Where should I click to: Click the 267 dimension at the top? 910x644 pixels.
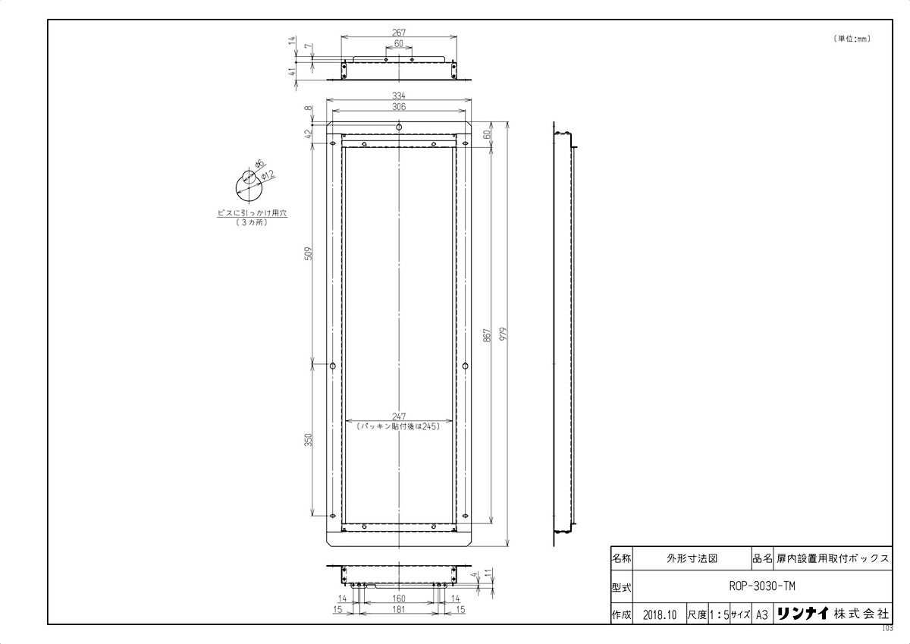(x=399, y=32)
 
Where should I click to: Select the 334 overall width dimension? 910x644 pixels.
(x=399, y=96)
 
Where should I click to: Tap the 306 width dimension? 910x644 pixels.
(x=399, y=108)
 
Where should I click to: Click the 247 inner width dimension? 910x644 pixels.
(x=399, y=416)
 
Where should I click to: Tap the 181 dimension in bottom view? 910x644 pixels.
(x=399, y=609)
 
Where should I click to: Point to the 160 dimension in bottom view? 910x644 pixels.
(x=399, y=598)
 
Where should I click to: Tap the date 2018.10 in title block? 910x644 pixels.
(x=657, y=614)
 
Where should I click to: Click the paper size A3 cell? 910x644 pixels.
(x=762, y=614)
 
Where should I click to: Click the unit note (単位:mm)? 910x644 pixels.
(x=852, y=39)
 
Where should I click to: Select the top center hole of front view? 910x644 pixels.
(x=399, y=127)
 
